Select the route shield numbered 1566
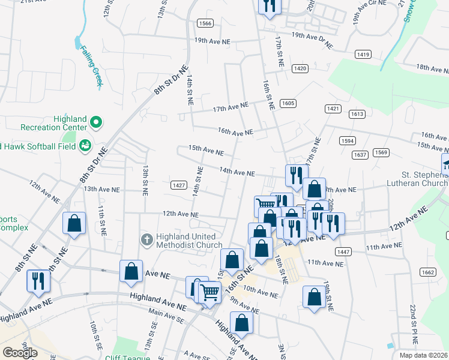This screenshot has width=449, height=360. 205,23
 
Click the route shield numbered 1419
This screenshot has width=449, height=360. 363,55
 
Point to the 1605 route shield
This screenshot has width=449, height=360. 288,104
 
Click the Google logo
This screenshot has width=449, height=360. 20,352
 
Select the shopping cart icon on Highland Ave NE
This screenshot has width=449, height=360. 209,292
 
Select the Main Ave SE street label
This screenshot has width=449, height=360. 166,316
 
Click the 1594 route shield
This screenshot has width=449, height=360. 348,141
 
